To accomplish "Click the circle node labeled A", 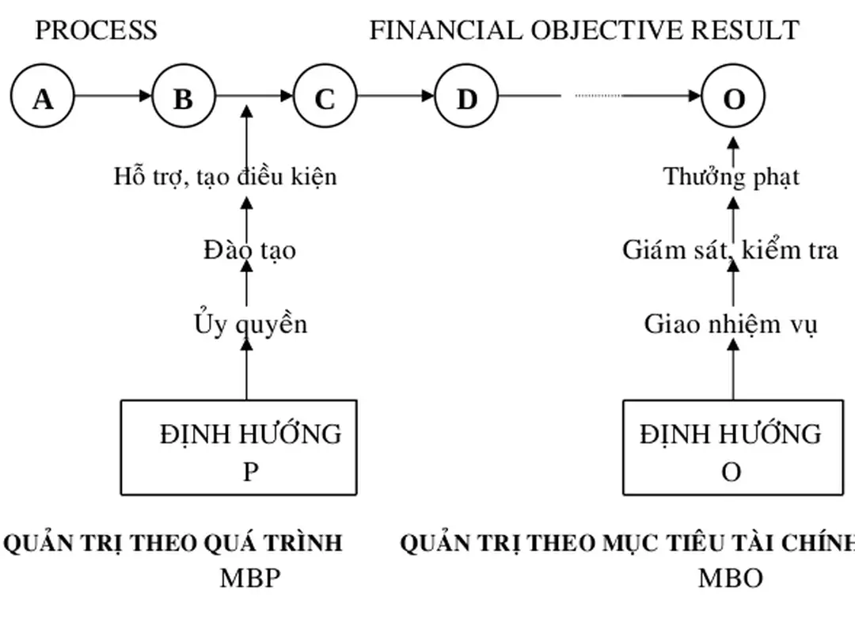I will [43, 98].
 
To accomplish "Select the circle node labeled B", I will [184, 98].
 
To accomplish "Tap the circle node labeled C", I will [325, 98].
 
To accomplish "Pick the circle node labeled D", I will [467, 98].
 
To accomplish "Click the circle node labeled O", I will [733, 98].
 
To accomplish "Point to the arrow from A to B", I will [112, 96].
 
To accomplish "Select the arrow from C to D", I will [396, 96].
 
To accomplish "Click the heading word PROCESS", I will [96, 30].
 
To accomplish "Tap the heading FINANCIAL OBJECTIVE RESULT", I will [584, 30].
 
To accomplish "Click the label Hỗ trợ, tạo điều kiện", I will [225, 176].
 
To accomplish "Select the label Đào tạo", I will [249, 250].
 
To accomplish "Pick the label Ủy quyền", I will [250, 324].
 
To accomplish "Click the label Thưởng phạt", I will [731, 176].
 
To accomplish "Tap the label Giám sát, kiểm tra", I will [730, 250].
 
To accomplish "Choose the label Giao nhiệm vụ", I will [731, 324].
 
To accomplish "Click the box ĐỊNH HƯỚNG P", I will [238, 448].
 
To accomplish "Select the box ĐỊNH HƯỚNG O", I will [732, 448].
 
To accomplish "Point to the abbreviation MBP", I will [250, 578].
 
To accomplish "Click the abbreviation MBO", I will [730, 578].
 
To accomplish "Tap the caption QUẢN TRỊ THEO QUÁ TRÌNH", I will [173, 543].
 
